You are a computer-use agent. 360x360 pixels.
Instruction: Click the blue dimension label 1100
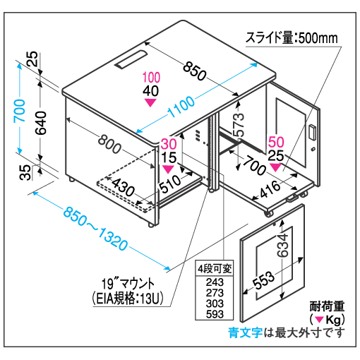pos(181,107)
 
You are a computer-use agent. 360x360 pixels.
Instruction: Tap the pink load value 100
pos(151,78)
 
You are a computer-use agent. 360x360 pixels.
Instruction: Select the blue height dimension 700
pos(20,111)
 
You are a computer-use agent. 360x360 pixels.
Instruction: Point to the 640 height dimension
pos(41,123)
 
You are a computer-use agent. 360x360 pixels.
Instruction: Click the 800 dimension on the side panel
pos(109,144)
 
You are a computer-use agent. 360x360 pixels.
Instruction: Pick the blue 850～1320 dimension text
pos(96,228)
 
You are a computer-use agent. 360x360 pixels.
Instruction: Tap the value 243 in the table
pos(215,282)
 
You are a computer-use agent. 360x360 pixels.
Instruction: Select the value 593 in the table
pos(215,314)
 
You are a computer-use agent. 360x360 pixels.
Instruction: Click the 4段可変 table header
pos(215,268)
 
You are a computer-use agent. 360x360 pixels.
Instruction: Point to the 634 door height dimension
pos(282,245)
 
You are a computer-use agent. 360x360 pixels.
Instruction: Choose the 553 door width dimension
pos(263,280)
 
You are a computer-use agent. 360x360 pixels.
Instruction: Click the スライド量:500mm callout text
pos(292,38)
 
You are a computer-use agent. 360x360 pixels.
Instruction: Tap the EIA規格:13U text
pos(128,299)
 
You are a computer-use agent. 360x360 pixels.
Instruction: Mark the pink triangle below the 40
pos(150,102)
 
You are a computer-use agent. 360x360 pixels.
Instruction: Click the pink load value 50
pos(276,142)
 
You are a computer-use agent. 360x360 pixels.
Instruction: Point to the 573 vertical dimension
pos(238,124)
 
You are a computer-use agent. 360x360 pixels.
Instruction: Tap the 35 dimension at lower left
pos(25,172)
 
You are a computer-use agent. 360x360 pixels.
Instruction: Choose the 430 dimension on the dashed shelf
pos(124,187)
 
